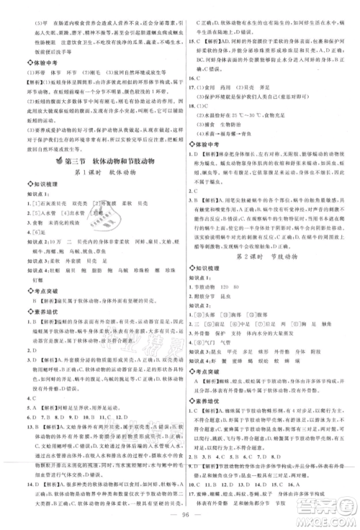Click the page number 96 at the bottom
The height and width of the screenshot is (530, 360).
[x=179, y=516]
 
